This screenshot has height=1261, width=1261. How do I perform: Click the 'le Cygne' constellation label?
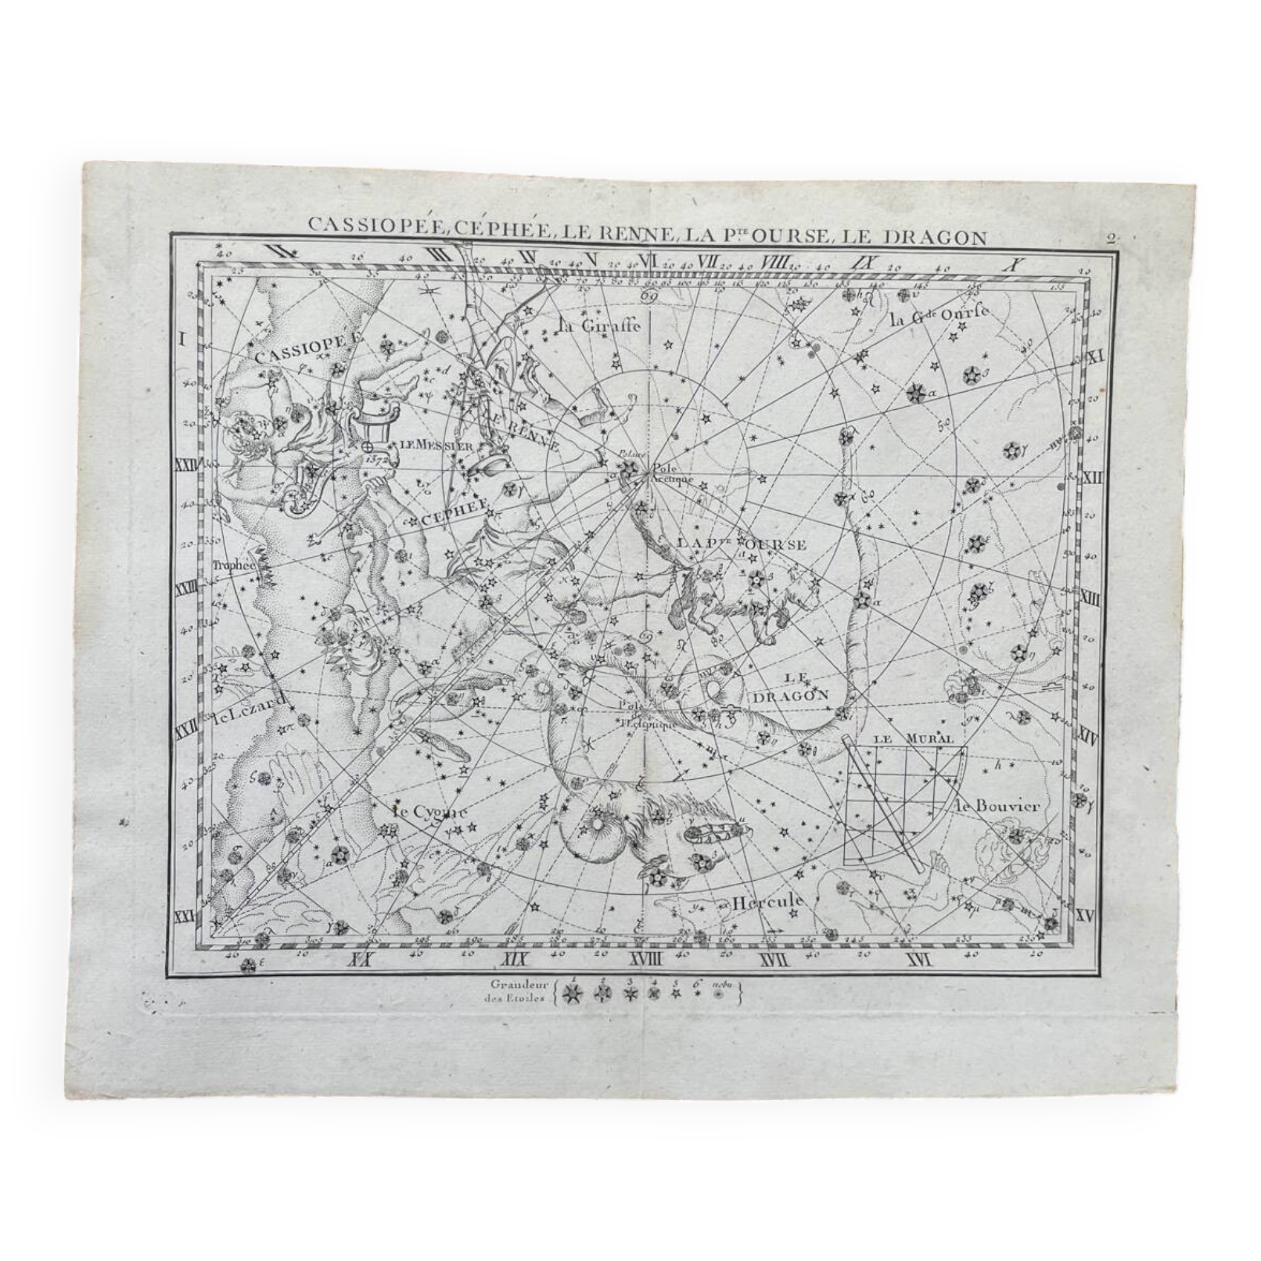[430, 813]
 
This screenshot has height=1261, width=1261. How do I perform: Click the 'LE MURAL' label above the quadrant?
[913, 740]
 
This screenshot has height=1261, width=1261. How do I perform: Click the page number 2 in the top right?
[1110, 238]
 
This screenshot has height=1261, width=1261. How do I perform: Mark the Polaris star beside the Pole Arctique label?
[629, 468]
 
